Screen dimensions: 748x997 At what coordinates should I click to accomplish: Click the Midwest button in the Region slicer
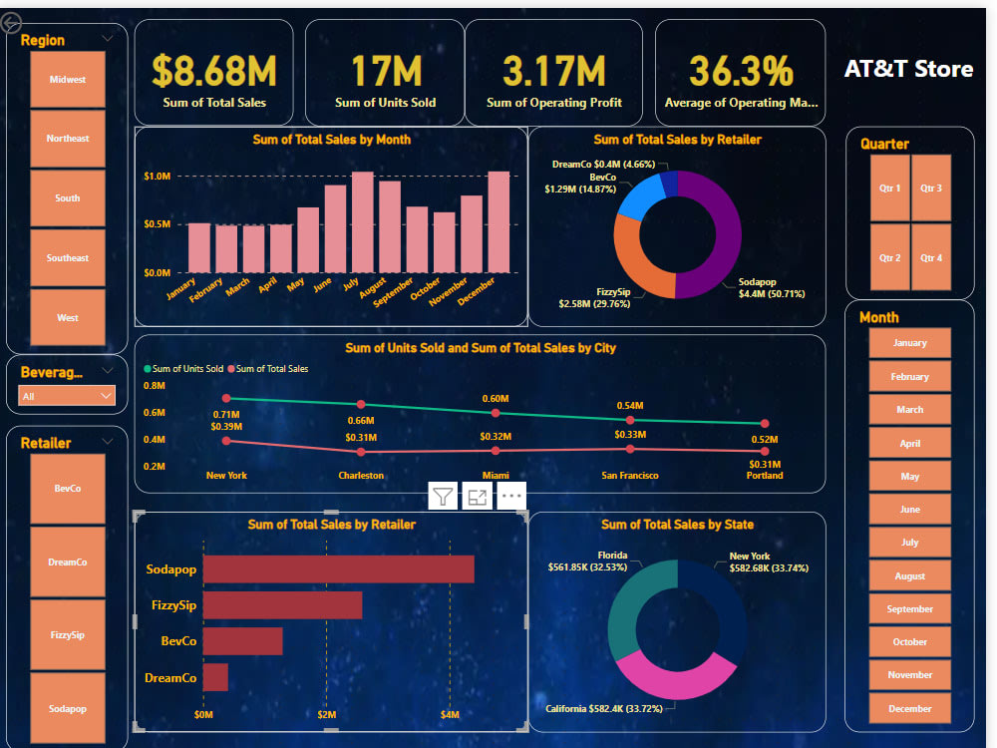pos(68,78)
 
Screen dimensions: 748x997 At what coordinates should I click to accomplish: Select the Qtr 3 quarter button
pos(931,187)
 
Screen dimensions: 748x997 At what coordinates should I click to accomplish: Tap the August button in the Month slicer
pos(909,575)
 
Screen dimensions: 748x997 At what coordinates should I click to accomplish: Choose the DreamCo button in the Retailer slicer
pos(68,561)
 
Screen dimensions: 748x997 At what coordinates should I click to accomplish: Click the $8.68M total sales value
pos(214,72)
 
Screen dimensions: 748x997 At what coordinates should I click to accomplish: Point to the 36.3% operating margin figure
pos(741,72)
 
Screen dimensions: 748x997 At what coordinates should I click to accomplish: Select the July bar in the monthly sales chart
pos(363,221)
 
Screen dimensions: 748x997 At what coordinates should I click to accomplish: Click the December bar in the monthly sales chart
pos(498,221)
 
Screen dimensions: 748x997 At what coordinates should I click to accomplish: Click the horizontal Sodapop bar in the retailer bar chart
pos(338,568)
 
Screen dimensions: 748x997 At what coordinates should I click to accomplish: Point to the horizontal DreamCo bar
pos(215,677)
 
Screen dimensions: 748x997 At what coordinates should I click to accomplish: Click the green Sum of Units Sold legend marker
pos(148,369)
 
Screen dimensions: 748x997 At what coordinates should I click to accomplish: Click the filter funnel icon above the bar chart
pos(444,496)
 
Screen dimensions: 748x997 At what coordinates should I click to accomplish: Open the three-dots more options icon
pos(511,496)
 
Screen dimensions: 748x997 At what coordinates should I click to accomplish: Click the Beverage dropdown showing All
pos(67,396)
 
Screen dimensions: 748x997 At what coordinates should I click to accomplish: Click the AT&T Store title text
pos(908,69)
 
